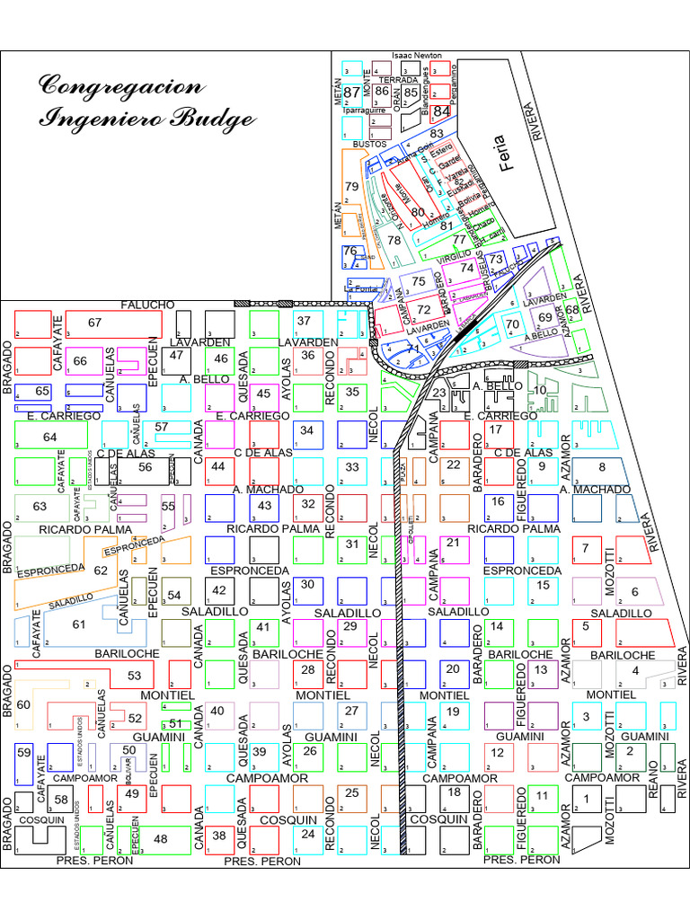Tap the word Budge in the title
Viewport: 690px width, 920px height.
(215, 119)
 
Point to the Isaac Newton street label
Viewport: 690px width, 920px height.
(417, 56)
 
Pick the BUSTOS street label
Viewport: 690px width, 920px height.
(369, 144)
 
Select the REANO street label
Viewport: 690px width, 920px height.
(653, 792)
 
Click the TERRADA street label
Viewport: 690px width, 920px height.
(399, 80)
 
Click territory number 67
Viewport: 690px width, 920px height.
(95, 323)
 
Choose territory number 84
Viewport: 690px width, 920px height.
(441, 112)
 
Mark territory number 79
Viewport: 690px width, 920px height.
(352, 187)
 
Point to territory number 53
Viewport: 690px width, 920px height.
(135, 676)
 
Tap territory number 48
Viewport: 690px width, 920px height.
(161, 839)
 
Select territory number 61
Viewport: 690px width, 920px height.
(79, 624)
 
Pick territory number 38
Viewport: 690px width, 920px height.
(219, 836)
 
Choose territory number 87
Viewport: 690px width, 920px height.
(351, 93)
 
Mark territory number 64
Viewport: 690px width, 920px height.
(50, 438)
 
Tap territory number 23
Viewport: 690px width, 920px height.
(438, 393)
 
